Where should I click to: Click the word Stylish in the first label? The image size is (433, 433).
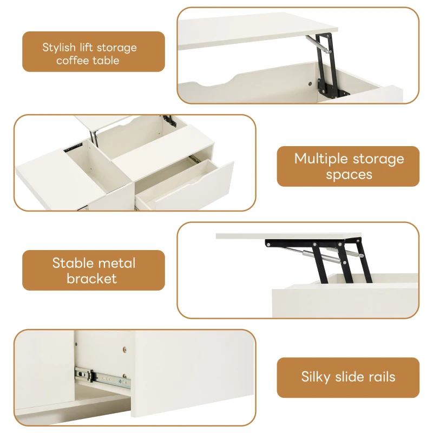point(60,48)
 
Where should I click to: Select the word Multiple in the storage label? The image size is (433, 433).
point(321,159)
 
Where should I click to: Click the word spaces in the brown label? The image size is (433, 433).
point(349,175)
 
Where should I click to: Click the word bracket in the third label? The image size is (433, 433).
point(91,279)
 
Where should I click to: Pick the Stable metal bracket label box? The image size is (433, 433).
point(93,271)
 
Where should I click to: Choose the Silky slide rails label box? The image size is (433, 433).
point(348,377)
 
